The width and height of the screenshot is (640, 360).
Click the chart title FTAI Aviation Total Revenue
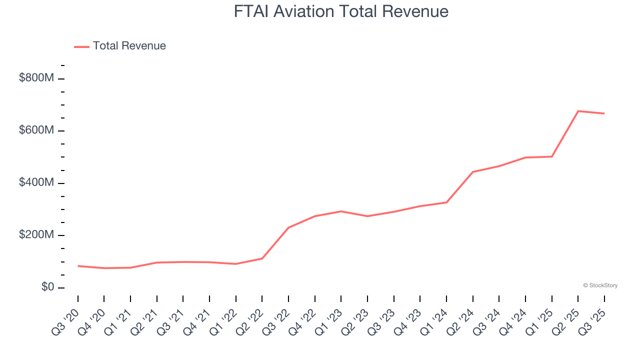pos(341,11)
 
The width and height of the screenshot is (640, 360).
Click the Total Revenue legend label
pos(129,46)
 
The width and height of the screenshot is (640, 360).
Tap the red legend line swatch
pos(81,46)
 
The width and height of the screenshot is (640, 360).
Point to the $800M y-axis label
pos(36,78)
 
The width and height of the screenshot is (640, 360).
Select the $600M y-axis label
pos(36,130)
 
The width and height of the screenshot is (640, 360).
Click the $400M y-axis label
pos(36,183)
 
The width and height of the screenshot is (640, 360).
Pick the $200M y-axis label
pos(36,235)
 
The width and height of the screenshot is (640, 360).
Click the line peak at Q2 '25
pos(578,111)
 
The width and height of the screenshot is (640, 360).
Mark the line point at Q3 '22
pos(288,227)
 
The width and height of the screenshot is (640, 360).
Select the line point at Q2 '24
pos(472,172)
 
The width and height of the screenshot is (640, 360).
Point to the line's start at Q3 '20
pos(78,266)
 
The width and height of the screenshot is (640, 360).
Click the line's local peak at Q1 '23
pos(341,211)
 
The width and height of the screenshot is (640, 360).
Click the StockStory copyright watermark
pos(600,285)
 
